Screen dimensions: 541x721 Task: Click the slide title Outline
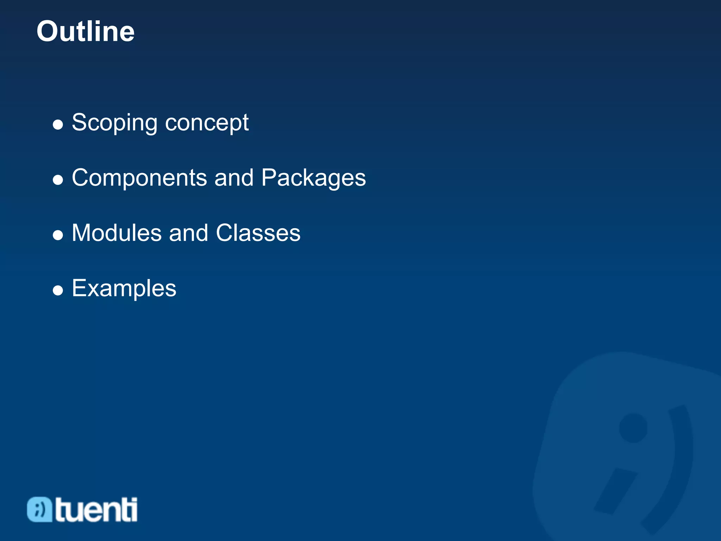tap(86, 32)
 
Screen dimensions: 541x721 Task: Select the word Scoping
tap(114, 123)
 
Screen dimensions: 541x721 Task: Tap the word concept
tap(207, 123)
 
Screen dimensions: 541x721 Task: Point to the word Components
tap(139, 178)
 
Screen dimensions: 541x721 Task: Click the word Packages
tap(313, 178)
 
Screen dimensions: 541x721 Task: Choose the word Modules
tap(117, 233)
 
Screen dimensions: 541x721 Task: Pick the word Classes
tap(258, 233)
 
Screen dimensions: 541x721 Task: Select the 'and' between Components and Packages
tap(234, 178)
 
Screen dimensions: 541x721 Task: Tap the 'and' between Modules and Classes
tap(188, 233)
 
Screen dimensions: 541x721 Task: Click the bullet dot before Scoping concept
tap(58, 125)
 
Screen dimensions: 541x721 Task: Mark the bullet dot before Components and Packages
tap(58, 180)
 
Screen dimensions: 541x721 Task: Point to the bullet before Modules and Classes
tap(58, 235)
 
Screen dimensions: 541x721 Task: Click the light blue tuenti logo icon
tap(39, 509)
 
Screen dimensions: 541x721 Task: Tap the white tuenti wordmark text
tap(96, 509)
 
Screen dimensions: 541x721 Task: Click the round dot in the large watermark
tap(633, 428)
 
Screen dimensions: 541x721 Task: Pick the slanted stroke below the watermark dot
tap(615, 491)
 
